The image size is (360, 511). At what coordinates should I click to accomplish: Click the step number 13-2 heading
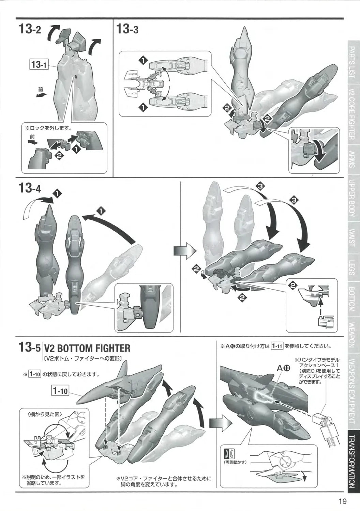pyautogui.click(x=30, y=29)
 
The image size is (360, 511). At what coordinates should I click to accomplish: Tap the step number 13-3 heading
pyautogui.click(x=127, y=29)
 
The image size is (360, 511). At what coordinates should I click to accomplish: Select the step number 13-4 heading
pyautogui.click(x=30, y=189)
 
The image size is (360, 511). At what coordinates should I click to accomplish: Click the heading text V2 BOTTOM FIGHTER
pyautogui.click(x=87, y=349)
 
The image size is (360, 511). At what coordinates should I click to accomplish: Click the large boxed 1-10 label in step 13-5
pyautogui.click(x=60, y=390)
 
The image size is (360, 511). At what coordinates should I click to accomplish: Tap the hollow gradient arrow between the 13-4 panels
pyautogui.click(x=185, y=251)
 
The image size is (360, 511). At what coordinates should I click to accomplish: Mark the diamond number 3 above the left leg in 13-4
pyautogui.click(x=261, y=186)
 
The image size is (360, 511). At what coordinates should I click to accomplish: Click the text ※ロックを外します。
pyautogui.click(x=49, y=128)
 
